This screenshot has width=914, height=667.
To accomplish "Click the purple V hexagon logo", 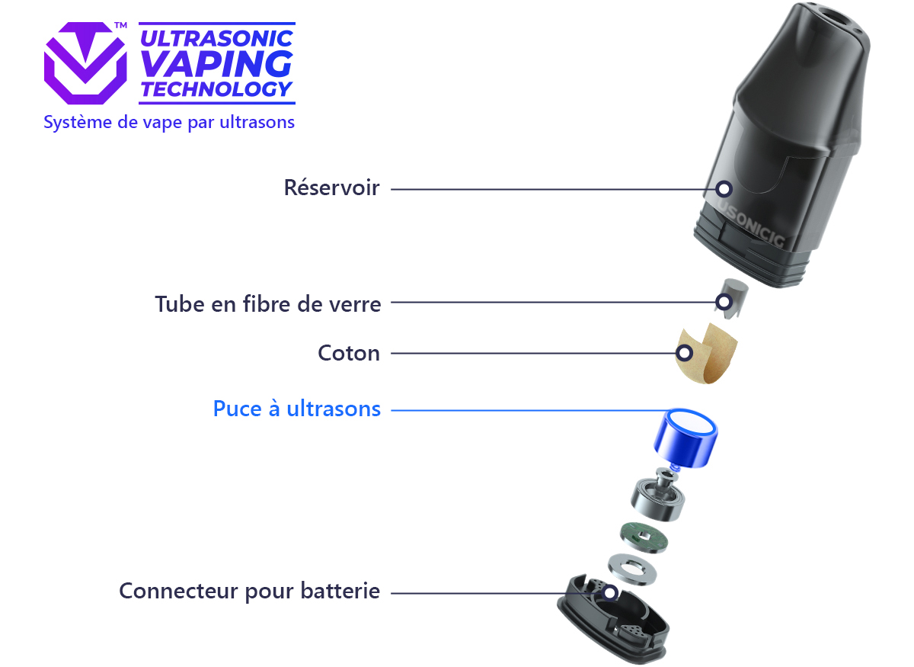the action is (x=85, y=63).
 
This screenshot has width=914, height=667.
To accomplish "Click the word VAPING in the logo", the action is (x=216, y=64).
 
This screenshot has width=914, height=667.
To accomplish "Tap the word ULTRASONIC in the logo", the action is (x=216, y=38).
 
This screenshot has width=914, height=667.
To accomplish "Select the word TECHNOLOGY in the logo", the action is (x=216, y=89).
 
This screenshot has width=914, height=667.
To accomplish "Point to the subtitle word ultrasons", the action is (x=257, y=122).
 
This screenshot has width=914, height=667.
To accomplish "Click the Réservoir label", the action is (x=331, y=188).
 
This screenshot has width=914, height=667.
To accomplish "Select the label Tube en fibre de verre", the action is (x=267, y=304).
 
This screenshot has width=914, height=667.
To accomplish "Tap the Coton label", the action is (x=349, y=353).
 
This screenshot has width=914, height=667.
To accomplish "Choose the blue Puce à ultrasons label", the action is (x=297, y=409).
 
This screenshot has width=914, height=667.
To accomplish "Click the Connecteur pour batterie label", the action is (x=249, y=592).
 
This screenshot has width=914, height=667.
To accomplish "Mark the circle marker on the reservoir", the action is (x=724, y=189).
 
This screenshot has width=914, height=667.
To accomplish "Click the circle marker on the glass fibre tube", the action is (x=724, y=303).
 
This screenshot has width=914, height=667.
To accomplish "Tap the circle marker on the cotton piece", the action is (x=684, y=353).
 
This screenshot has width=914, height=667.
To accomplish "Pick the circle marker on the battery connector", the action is (x=610, y=592).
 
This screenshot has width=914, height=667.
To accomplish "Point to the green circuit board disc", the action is (x=644, y=537).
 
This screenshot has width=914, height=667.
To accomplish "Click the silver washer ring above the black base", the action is (x=632, y=569).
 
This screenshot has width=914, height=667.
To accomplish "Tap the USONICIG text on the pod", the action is (x=751, y=223).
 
